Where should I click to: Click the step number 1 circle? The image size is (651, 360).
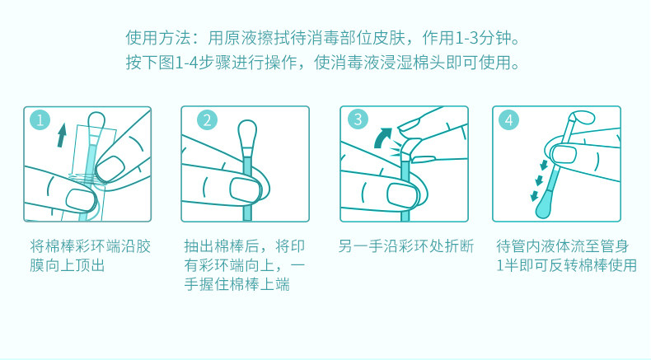[40, 120]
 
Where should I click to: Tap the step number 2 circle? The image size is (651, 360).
[207, 120]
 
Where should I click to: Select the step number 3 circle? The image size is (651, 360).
[358, 119]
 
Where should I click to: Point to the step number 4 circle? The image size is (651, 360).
[509, 120]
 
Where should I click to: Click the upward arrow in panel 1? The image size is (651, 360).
[62, 134]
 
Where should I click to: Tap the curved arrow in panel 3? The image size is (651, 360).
[382, 138]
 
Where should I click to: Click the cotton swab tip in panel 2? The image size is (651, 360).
[247, 132]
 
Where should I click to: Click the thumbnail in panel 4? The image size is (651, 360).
[564, 153]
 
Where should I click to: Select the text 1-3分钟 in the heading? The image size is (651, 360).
[483, 38]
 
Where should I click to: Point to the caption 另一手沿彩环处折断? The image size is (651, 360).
[405, 246]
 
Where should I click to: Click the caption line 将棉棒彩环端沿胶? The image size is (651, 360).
[90, 246]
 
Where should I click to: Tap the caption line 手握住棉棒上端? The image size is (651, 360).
[237, 284]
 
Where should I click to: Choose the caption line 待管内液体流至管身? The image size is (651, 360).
[563, 246]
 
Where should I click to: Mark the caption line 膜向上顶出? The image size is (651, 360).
[68, 265]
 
